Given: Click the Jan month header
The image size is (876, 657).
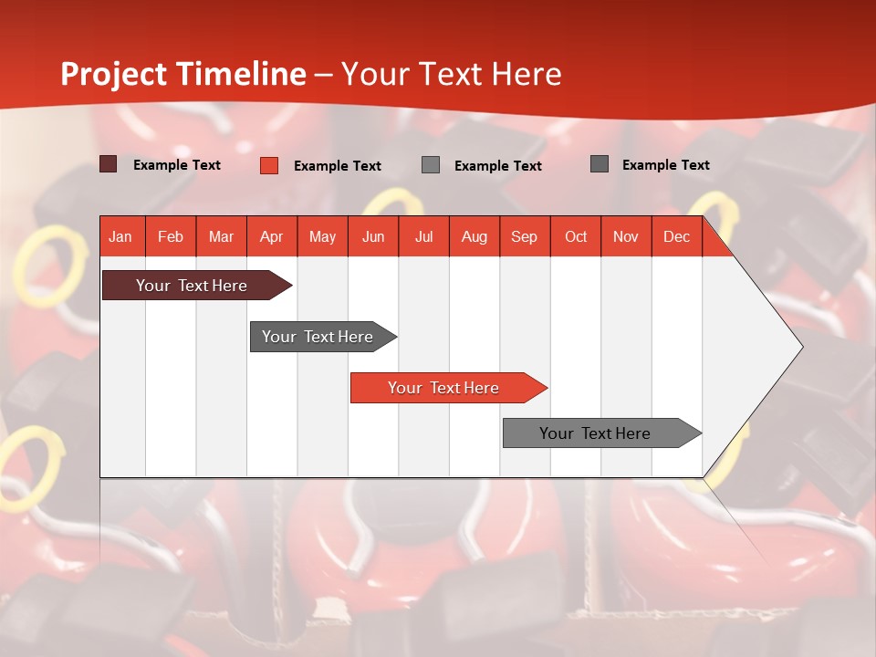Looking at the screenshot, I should (x=120, y=237).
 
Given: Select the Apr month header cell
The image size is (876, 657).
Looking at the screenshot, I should (x=272, y=237).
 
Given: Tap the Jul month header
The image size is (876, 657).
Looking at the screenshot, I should (x=423, y=237).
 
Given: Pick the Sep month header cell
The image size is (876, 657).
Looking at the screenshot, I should (x=525, y=237).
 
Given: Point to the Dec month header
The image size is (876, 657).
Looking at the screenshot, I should (x=676, y=237).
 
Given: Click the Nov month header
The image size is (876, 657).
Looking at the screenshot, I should (x=626, y=237).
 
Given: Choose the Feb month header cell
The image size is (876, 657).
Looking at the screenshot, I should (x=171, y=237).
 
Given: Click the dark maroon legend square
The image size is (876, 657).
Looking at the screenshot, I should (x=108, y=164).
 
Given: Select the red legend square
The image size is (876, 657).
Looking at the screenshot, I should (x=269, y=165).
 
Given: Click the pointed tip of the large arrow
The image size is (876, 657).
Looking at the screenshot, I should (x=799, y=347).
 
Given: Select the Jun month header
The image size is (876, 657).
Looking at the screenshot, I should (x=373, y=237).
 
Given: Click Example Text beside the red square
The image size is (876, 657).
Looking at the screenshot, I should (x=338, y=166).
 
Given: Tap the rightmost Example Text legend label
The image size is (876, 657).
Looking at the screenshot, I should (x=665, y=165).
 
